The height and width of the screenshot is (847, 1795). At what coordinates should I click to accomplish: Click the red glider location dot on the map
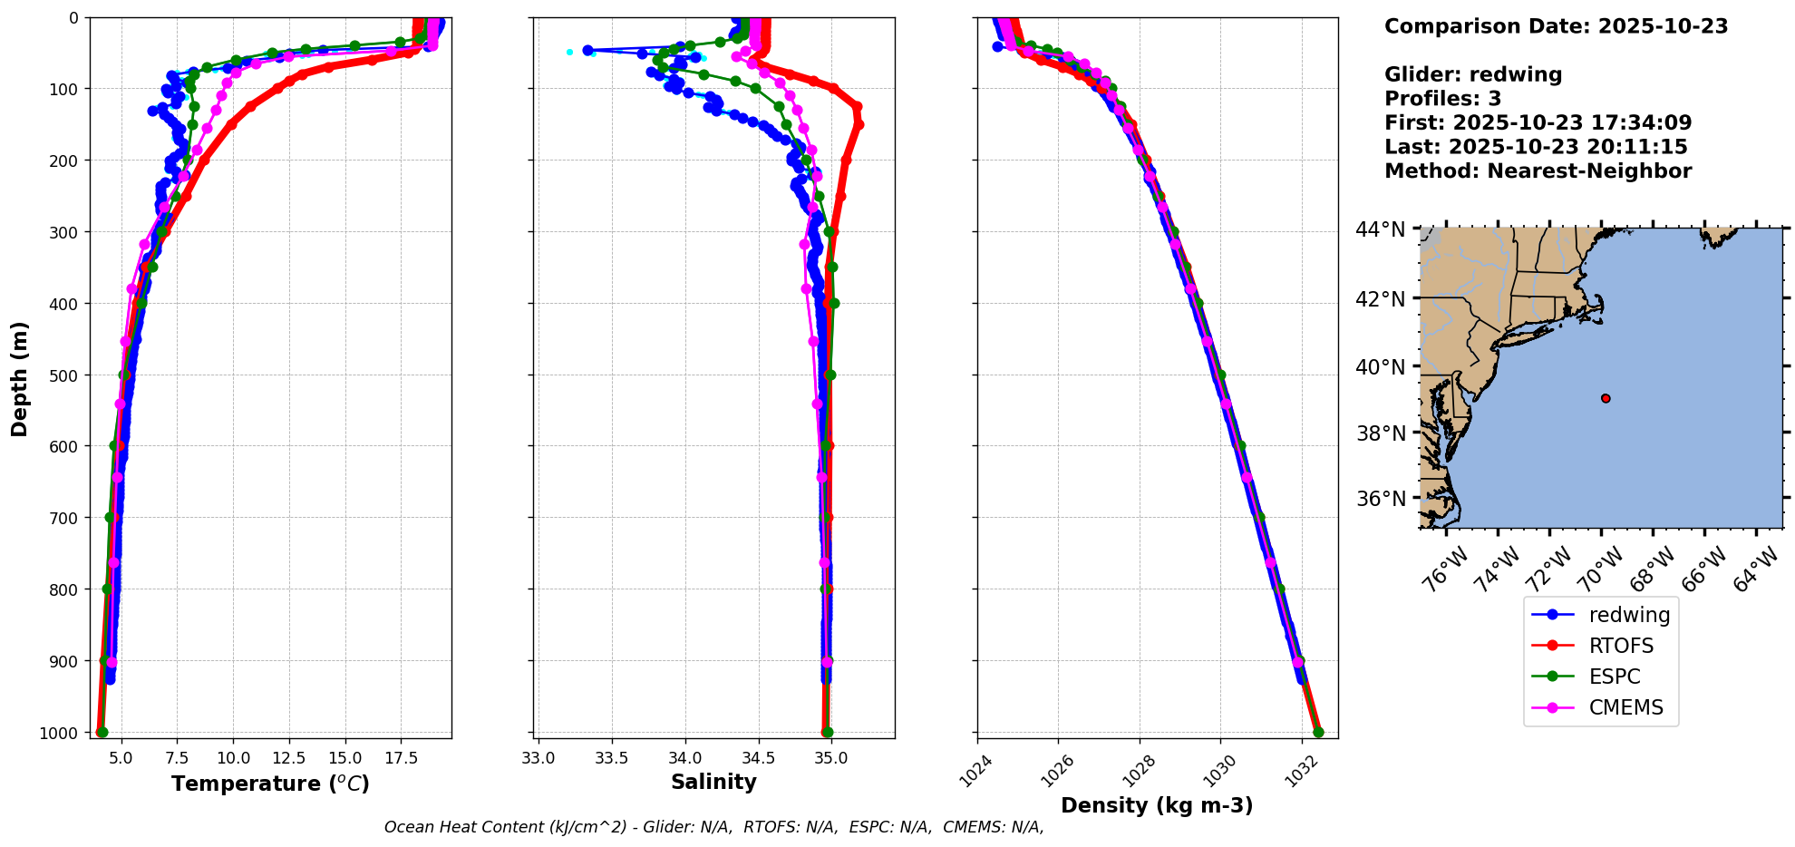coord(1606,398)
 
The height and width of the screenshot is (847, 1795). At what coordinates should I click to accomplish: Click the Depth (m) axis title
coord(20,378)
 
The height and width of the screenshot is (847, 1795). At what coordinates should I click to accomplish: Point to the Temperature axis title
coord(270,784)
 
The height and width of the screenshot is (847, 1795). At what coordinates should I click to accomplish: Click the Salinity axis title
coord(713,782)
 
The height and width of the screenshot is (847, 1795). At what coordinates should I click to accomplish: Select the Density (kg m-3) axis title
coord(1157,805)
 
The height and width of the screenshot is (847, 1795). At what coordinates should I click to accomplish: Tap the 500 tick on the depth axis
coord(65,375)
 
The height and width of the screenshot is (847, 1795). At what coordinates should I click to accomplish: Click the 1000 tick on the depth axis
coord(60,733)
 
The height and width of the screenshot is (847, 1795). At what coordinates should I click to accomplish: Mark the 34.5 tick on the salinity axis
coord(758,758)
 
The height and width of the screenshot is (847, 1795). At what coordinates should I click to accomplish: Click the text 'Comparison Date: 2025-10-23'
coord(1556,26)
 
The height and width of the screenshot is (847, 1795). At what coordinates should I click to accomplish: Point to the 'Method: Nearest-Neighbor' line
coord(1538,171)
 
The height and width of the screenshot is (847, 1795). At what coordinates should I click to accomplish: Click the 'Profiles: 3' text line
coord(1442,99)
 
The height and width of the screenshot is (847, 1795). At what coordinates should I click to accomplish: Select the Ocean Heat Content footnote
coord(713,827)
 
